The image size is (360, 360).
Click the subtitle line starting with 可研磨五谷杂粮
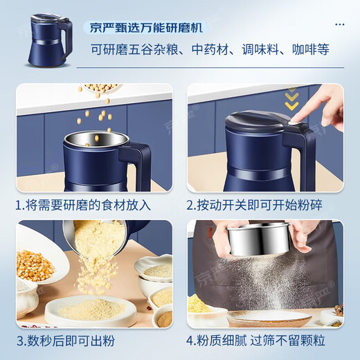[210, 51]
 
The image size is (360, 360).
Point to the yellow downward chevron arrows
[292, 101]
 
